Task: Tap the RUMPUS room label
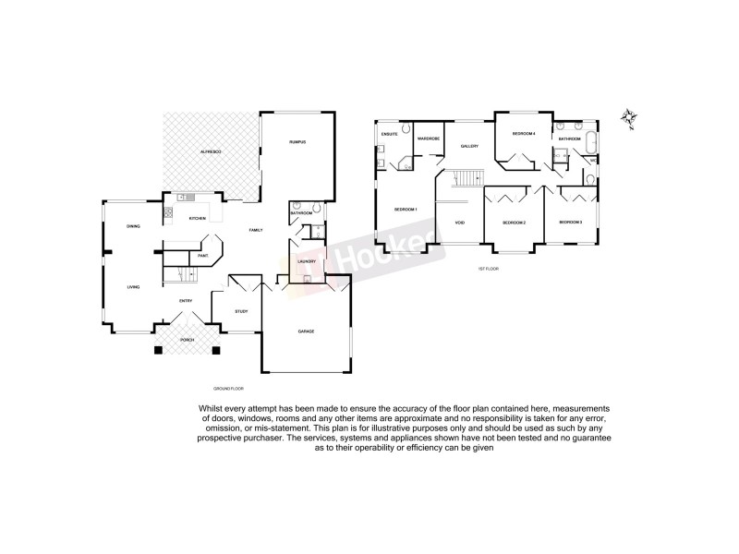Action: (x=297, y=141)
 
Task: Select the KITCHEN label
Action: (x=197, y=218)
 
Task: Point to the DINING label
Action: (x=133, y=226)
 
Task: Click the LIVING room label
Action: (x=133, y=287)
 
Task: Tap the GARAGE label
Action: (x=306, y=331)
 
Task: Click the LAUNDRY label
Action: (x=308, y=261)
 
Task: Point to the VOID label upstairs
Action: (x=459, y=223)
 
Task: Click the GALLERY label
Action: (x=469, y=146)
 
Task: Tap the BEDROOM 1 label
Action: (x=406, y=210)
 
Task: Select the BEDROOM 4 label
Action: (x=525, y=134)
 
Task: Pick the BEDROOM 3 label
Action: (x=570, y=222)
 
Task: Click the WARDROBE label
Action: (x=427, y=138)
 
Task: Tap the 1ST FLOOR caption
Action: (x=488, y=269)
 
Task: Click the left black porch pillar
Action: (x=157, y=350)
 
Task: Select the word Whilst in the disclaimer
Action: (x=210, y=408)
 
